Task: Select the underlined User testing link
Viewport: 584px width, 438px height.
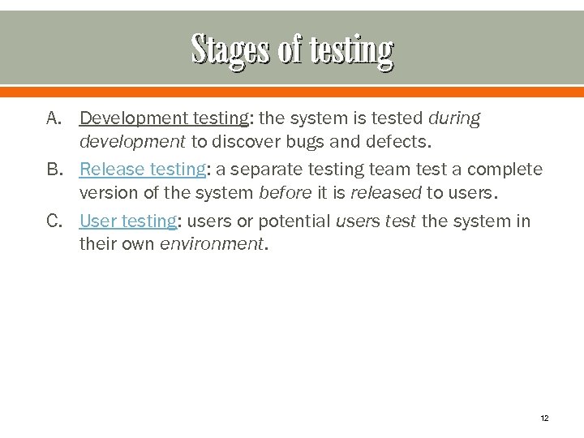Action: (127, 221)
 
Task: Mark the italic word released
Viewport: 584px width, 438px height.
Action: (386, 193)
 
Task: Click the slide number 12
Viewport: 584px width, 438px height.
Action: (543, 418)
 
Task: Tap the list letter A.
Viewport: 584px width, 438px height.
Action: (54, 118)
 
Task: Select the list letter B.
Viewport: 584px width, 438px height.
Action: (54, 170)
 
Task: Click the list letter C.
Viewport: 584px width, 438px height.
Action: (54, 221)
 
